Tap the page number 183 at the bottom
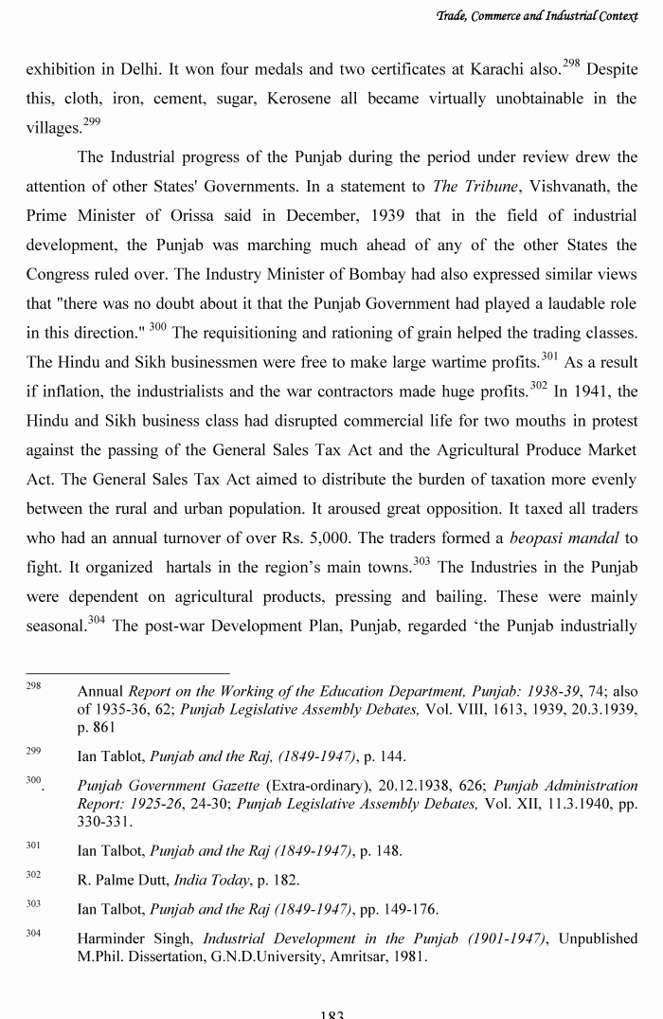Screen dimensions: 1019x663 tap(331, 1013)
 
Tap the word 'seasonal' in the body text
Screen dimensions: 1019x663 tap(53, 627)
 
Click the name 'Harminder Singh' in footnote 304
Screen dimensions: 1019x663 tap(136, 938)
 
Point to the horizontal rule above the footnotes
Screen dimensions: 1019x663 tap(127, 673)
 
